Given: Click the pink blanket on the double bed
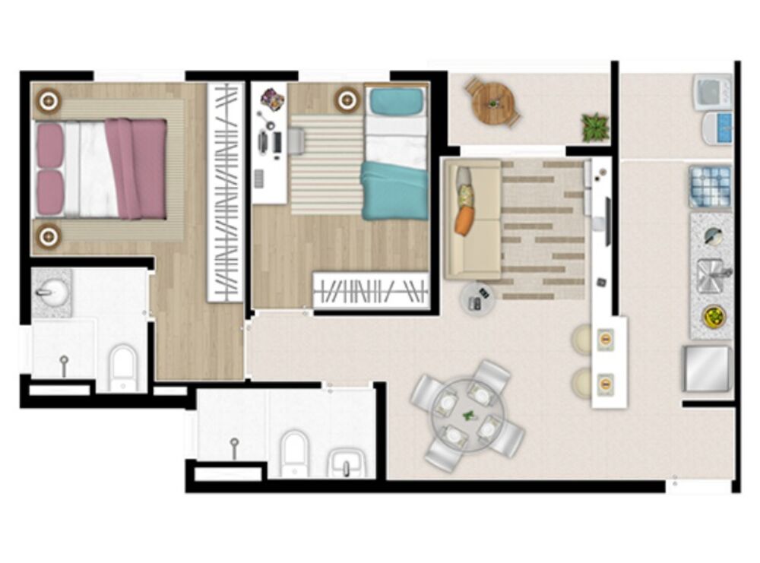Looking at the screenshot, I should [x=137, y=167].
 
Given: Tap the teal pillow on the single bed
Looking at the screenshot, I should [x=395, y=102].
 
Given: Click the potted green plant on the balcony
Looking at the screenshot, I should [x=595, y=127].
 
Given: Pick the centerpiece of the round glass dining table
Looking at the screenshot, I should [x=467, y=415].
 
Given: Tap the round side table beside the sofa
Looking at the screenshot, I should [x=477, y=299].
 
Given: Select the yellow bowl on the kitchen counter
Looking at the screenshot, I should [x=714, y=316].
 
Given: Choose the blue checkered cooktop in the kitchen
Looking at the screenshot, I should [x=710, y=187].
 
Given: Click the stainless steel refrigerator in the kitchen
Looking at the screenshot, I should [x=707, y=368].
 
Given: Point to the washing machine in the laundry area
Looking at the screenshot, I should [x=712, y=92].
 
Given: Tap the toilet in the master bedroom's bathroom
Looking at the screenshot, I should [x=122, y=366].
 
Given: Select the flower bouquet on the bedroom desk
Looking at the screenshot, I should [x=272, y=99].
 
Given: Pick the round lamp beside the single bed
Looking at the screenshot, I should [x=348, y=99].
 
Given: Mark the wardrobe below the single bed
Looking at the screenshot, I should [x=371, y=290].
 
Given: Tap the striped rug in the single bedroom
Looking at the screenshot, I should [x=325, y=163].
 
